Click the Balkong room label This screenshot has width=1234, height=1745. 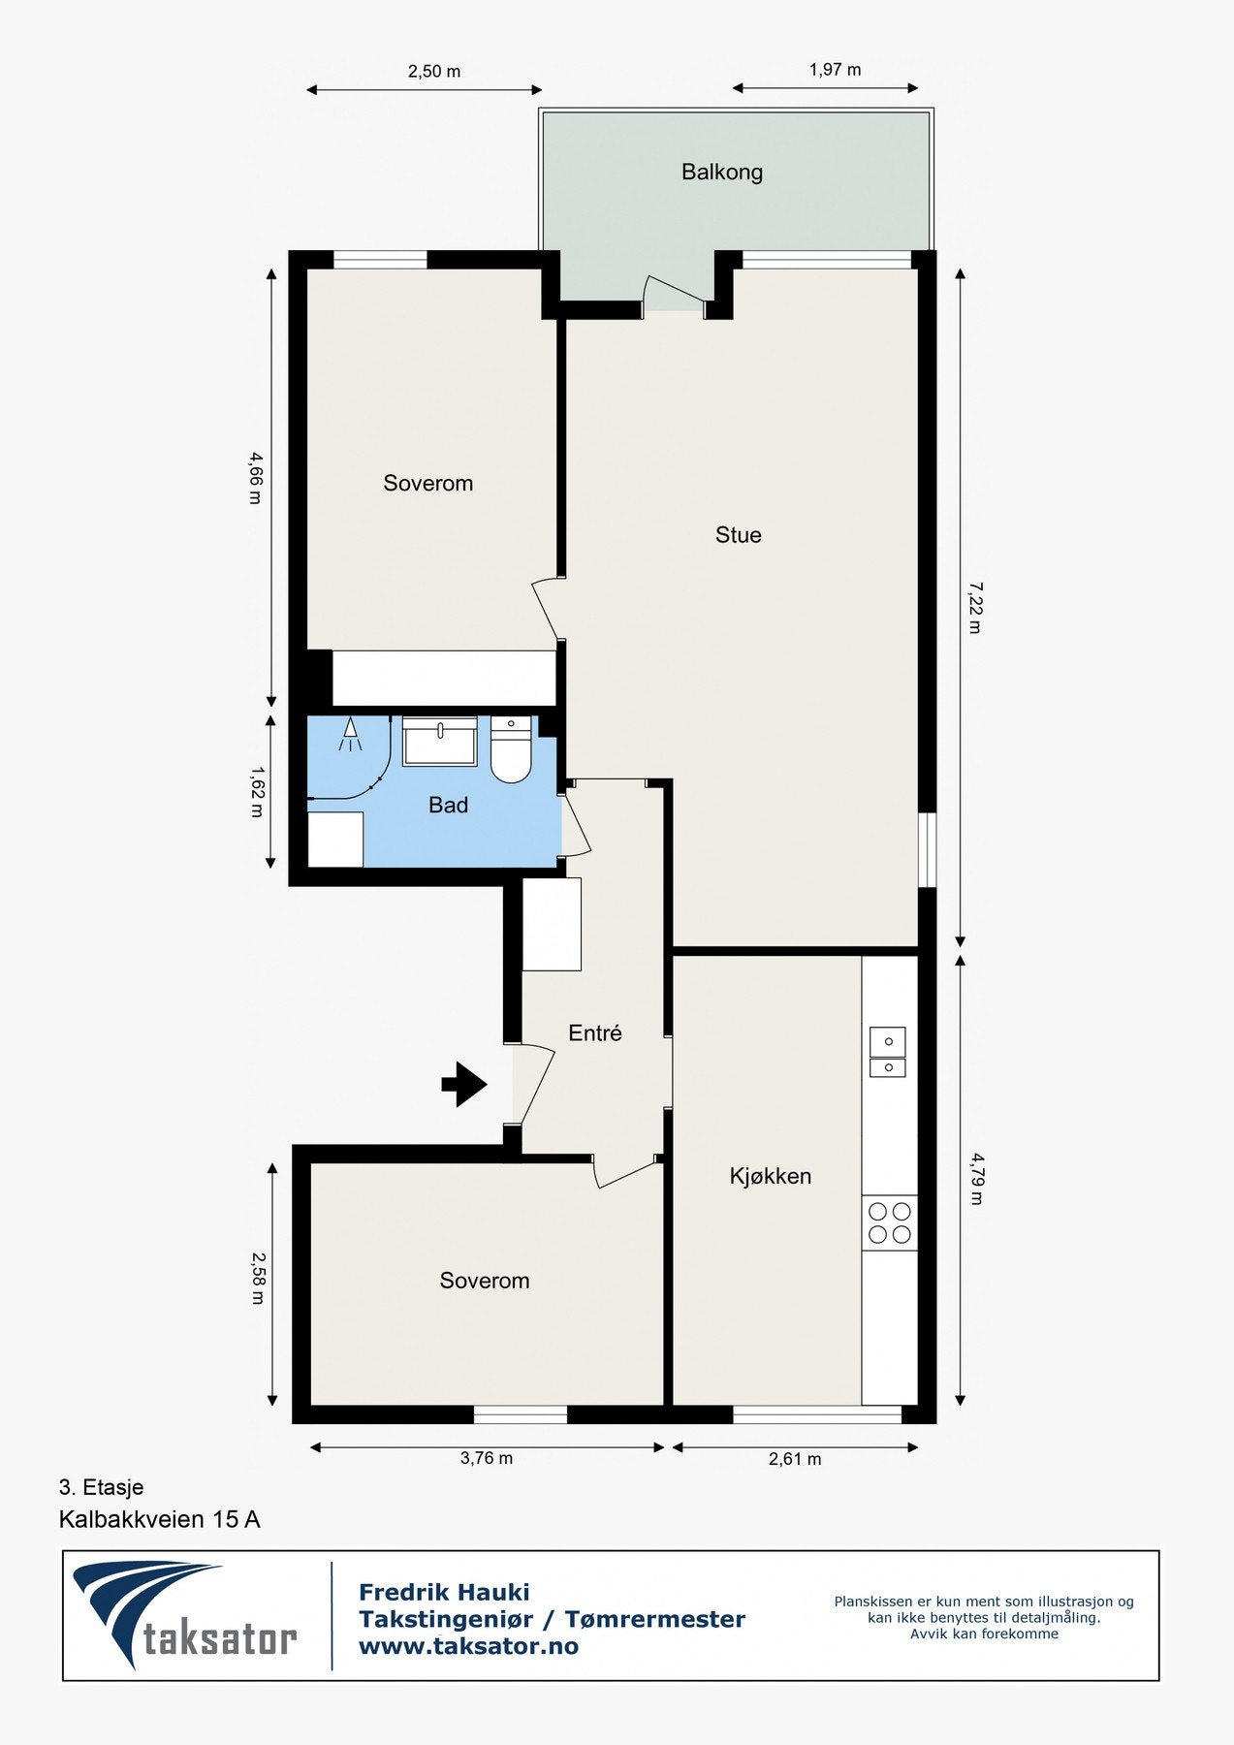point(721,173)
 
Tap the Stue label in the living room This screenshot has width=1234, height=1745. point(738,535)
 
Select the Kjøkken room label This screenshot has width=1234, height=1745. point(771,1176)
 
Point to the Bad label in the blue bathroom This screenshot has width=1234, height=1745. point(448,805)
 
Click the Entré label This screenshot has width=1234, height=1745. point(594,1033)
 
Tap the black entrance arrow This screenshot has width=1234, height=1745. point(464,1085)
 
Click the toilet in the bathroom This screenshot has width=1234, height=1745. point(510,749)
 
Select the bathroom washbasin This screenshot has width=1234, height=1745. point(440,742)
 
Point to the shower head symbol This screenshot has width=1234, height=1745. point(350,735)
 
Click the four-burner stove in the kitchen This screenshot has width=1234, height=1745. point(890,1222)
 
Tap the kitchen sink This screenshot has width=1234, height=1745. point(888,1052)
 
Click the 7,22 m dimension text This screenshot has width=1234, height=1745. point(974,608)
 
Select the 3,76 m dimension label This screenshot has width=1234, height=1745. point(487,1458)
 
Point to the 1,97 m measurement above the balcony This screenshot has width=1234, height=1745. point(835,70)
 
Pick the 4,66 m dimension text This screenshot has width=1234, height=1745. point(255,478)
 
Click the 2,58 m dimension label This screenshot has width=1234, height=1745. point(257,1278)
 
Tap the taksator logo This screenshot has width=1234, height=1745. point(185,1615)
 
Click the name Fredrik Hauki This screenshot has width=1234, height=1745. point(444,1592)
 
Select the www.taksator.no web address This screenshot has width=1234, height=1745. point(468,1646)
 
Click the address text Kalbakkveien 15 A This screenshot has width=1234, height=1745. point(160,1519)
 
